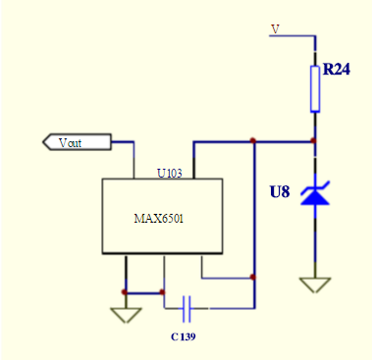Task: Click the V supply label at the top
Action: [x=275, y=29]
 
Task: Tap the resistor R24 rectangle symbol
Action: [x=315, y=88]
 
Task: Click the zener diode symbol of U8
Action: [x=315, y=193]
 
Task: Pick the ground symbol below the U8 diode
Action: [x=315, y=285]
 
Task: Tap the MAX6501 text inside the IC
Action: [x=159, y=219]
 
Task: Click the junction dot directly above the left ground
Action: [x=125, y=291]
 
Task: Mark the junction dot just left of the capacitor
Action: [x=163, y=291]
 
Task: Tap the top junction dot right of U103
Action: [x=254, y=141]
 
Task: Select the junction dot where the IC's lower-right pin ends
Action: [x=254, y=277]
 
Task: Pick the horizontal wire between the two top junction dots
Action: [x=285, y=141]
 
